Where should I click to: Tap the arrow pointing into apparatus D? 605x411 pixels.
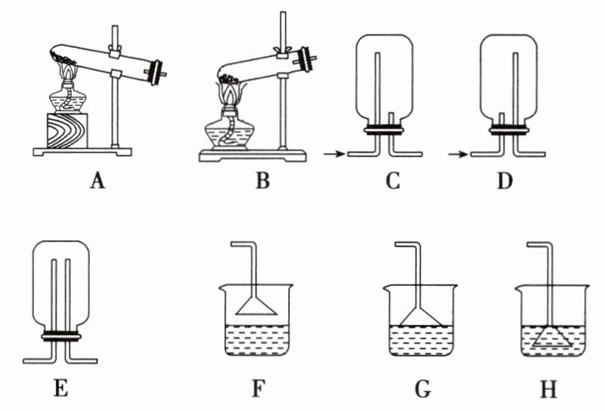457,153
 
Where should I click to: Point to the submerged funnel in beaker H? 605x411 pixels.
551,337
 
